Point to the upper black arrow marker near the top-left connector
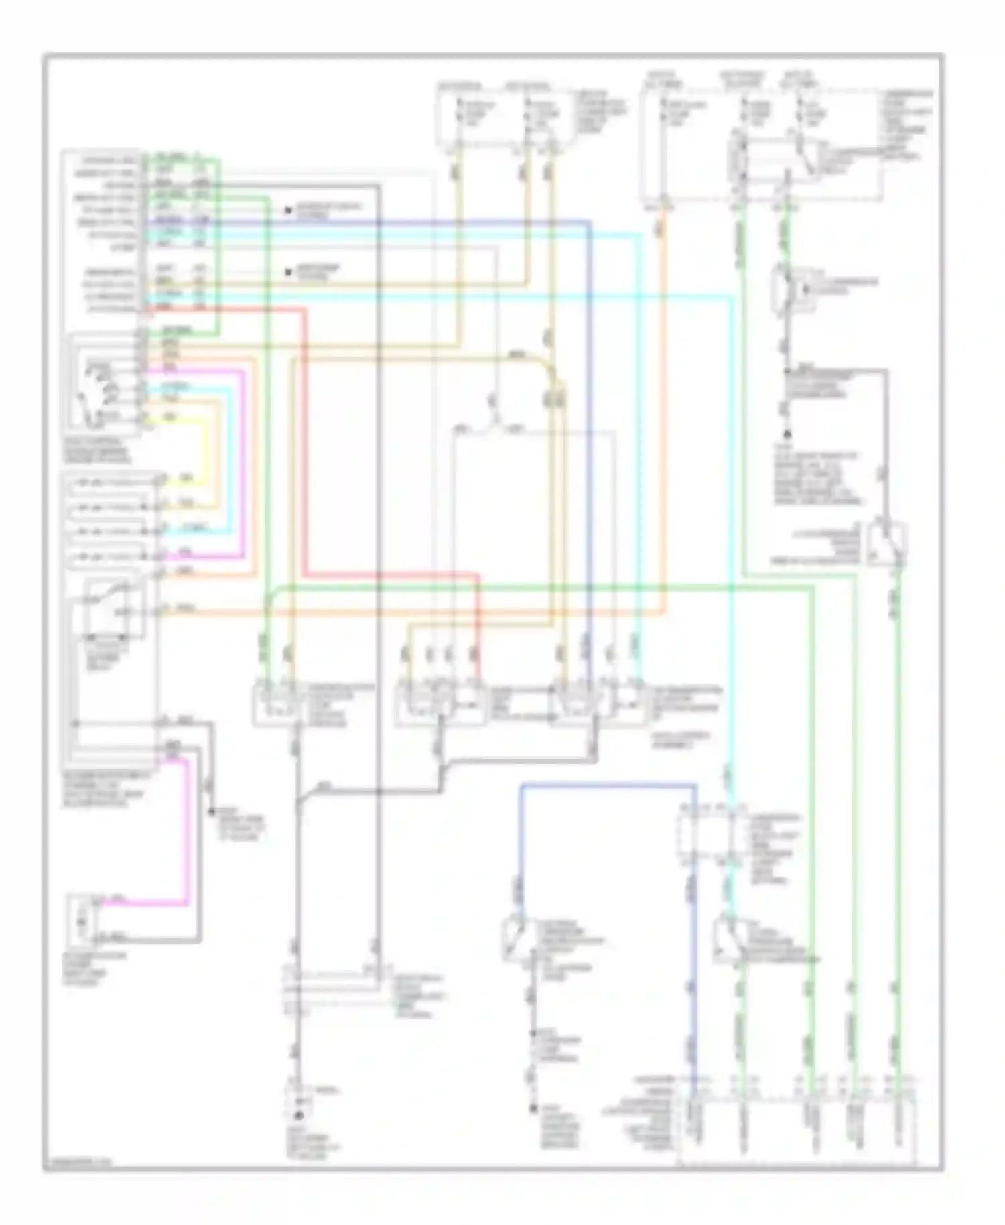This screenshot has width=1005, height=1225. [x=288, y=210]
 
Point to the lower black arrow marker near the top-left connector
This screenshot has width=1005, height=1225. [x=288, y=272]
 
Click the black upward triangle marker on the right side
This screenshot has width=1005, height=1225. [x=788, y=434]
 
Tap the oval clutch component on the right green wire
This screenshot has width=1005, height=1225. [x=789, y=289]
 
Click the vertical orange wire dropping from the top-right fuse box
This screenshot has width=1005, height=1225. [x=663, y=402]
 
